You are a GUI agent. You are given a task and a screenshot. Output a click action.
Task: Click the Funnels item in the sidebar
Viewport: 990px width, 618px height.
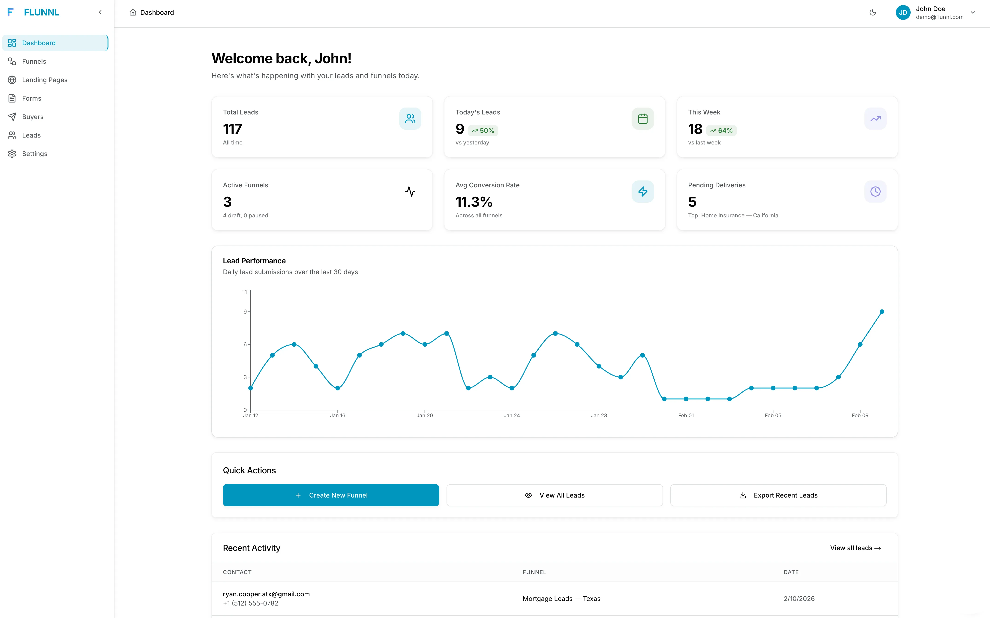[x=34, y=61]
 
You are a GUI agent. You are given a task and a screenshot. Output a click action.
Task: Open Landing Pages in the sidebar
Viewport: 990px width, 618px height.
[x=45, y=80]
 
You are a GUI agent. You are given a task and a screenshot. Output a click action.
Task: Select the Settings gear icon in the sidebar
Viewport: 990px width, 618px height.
[x=12, y=154]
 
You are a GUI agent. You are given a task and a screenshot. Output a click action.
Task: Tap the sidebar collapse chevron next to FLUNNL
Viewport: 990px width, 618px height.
[x=100, y=12]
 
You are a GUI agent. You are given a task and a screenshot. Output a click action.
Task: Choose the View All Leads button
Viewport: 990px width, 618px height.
[x=554, y=495]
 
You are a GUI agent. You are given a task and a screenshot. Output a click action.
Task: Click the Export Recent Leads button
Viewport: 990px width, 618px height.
[x=778, y=495]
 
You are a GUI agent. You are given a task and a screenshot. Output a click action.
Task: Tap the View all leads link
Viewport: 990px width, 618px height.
[x=855, y=548]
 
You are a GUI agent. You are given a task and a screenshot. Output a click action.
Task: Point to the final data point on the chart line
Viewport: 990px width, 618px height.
[x=882, y=312]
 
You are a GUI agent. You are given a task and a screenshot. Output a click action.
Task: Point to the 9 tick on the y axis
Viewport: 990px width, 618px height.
[x=245, y=312]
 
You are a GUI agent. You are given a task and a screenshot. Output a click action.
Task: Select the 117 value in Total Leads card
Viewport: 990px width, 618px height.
[x=232, y=129]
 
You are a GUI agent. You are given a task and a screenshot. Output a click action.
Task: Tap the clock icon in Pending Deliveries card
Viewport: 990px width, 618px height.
[x=875, y=191]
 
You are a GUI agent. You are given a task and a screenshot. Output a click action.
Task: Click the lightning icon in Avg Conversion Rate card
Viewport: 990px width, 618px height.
[x=642, y=191]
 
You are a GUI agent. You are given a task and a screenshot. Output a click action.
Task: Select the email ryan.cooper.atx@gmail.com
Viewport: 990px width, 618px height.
[x=266, y=594]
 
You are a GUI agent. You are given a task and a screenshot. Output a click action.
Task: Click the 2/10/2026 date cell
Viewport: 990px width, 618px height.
[x=799, y=598]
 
